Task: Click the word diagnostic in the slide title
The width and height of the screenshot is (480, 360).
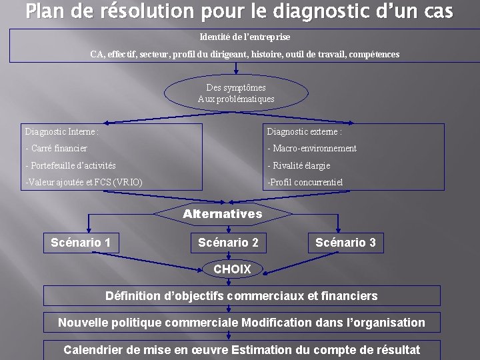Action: (x=317, y=11)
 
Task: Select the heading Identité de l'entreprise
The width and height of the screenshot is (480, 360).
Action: (x=245, y=37)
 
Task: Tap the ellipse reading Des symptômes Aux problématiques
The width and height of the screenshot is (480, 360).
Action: (x=236, y=93)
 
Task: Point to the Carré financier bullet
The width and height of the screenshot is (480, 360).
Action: (x=56, y=148)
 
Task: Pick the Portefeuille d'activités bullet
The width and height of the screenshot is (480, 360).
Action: (x=70, y=165)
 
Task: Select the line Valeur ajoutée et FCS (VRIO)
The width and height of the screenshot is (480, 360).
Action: (x=83, y=182)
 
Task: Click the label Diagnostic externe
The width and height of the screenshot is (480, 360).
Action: (x=305, y=132)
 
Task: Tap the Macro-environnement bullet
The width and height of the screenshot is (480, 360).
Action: (x=312, y=148)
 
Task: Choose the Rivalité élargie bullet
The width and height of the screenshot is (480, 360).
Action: (x=299, y=165)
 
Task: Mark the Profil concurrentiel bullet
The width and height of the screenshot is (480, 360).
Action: (x=305, y=182)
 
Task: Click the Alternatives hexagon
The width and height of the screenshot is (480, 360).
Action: (x=223, y=214)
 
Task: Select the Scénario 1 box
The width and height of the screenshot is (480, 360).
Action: (x=81, y=243)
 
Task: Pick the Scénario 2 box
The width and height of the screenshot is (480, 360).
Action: (x=228, y=243)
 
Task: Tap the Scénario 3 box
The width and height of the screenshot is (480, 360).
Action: (x=345, y=243)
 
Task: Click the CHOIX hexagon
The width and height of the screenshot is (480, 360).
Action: (x=232, y=269)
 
